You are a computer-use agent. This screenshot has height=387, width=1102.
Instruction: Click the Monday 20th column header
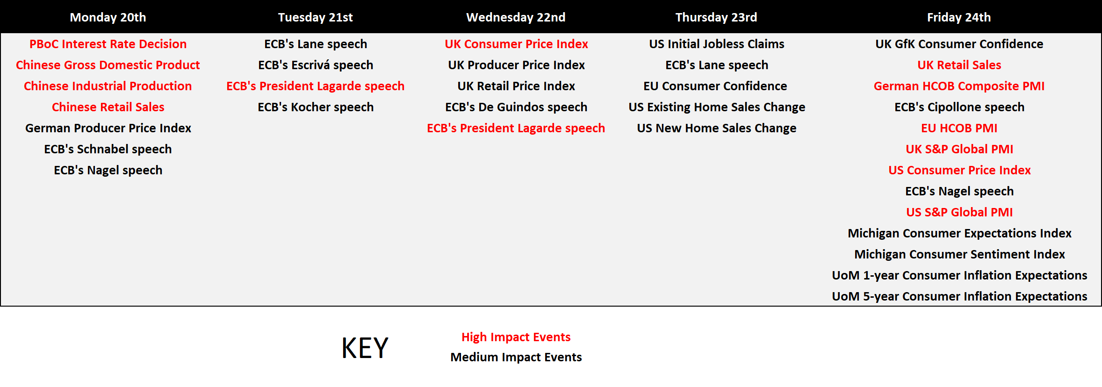click(x=108, y=17)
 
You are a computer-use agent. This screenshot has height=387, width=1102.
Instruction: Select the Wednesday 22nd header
click(x=516, y=17)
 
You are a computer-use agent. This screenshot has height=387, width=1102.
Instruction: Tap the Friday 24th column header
click(x=959, y=17)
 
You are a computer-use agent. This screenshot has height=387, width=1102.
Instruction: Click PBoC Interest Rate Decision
click(x=108, y=44)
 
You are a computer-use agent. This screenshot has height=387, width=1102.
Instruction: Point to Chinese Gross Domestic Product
click(x=108, y=65)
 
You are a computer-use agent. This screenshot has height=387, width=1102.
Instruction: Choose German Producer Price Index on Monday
click(x=108, y=128)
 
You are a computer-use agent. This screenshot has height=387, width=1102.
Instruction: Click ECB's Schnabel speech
click(x=108, y=149)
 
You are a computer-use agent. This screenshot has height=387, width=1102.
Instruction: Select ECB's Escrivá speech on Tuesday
click(x=316, y=65)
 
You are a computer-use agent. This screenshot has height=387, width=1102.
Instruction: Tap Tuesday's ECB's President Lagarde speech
click(x=316, y=86)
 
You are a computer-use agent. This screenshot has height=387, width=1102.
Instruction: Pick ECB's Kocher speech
click(x=316, y=107)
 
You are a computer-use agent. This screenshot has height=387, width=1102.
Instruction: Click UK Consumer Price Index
click(x=516, y=44)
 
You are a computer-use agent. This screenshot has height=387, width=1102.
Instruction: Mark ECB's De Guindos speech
click(x=516, y=107)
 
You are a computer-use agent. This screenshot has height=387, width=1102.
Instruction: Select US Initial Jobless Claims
click(x=717, y=44)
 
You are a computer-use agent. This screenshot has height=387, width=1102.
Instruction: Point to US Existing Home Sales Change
click(x=717, y=107)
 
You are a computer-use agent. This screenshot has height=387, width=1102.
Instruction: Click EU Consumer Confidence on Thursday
click(x=715, y=86)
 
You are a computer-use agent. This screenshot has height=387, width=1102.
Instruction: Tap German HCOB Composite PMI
click(x=959, y=86)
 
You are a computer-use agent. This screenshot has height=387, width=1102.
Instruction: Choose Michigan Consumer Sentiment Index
click(x=959, y=254)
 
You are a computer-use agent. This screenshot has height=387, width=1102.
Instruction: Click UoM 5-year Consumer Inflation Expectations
click(x=959, y=296)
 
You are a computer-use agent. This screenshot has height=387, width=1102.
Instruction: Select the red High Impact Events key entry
click(x=516, y=337)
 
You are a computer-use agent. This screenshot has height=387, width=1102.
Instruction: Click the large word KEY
click(x=365, y=348)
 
